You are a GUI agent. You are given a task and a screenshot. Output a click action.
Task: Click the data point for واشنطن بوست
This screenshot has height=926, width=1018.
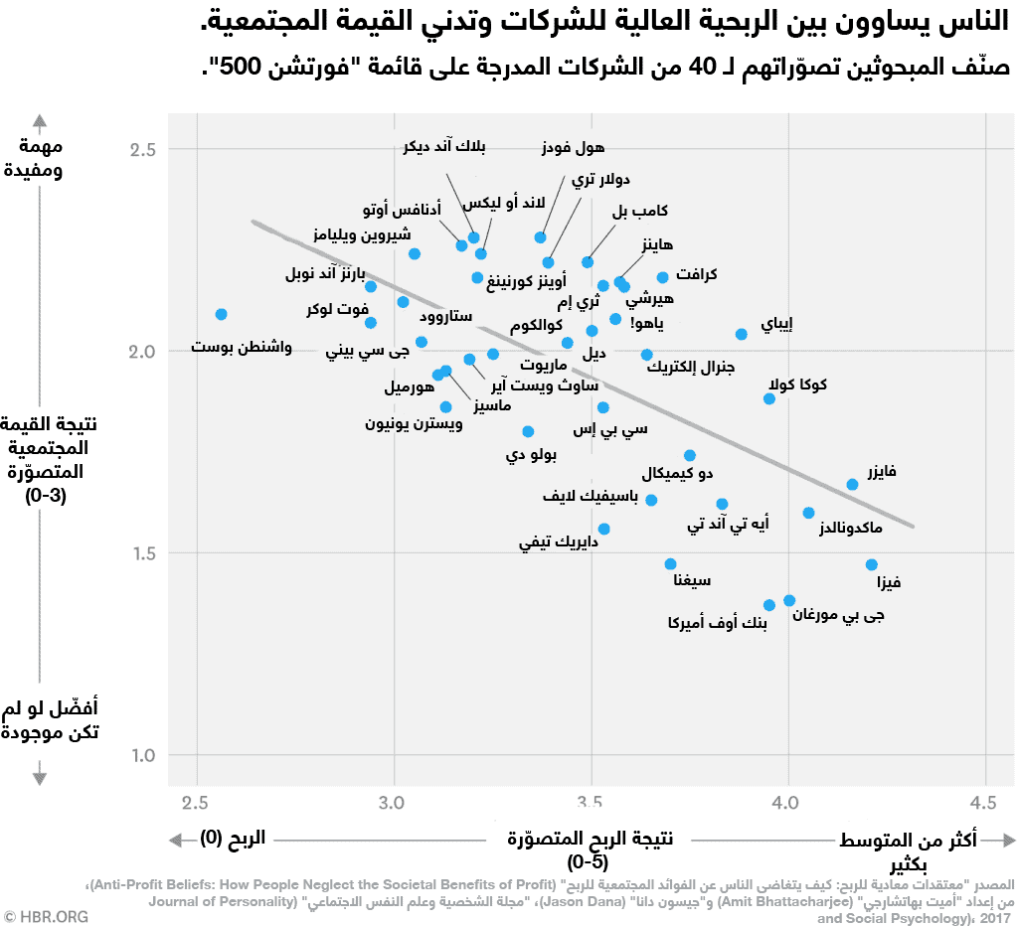click(221, 314)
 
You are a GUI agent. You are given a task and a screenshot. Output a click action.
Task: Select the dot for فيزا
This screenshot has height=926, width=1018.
click(872, 564)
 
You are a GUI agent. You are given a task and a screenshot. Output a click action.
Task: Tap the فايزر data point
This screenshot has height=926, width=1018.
click(852, 485)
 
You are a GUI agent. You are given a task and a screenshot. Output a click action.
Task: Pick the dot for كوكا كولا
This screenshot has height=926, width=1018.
click(769, 398)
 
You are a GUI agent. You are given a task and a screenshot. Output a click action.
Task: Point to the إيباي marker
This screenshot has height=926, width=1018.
click(741, 334)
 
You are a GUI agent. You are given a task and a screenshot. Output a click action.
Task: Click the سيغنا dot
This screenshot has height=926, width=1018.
click(671, 563)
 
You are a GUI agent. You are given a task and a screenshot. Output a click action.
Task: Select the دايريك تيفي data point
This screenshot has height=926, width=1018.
click(603, 529)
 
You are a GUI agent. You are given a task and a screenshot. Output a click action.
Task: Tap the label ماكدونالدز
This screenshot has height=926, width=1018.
click(850, 528)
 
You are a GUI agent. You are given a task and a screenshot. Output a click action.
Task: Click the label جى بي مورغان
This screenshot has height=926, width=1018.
click(838, 616)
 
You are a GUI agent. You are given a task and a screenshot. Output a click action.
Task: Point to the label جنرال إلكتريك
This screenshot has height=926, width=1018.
click(690, 367)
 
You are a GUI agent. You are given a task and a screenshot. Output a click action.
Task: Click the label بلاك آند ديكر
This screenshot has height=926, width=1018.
click(445, 148)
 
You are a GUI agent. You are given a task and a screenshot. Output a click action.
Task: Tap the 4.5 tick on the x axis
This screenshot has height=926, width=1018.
click(984, 801)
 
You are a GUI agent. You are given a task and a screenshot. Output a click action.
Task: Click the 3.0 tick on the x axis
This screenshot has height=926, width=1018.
click(394, 801)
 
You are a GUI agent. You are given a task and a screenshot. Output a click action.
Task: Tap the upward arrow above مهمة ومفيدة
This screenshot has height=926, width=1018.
click(40, 123)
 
